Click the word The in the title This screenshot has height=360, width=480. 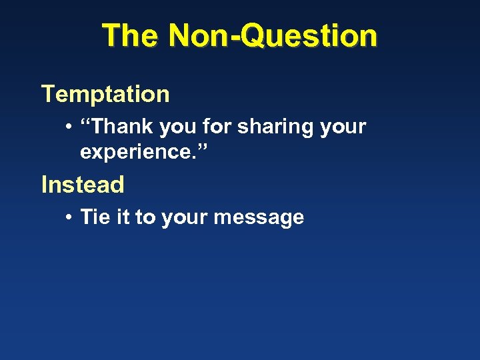130,35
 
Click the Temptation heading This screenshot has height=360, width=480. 105,94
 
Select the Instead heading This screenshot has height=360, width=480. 83,185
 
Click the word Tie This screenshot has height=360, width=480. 93,217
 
